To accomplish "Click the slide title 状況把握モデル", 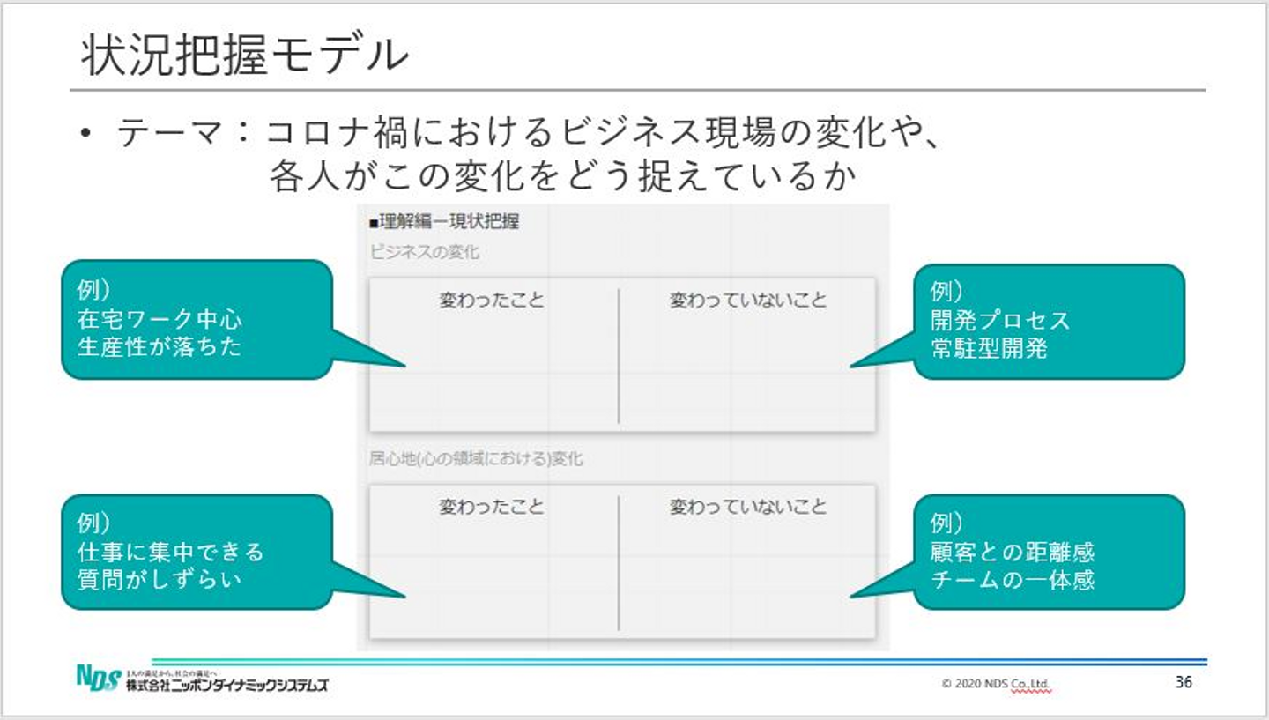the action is pyautogui.click(x=245, y=56).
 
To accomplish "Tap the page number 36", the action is pyautogui.click(x=1184, y=681).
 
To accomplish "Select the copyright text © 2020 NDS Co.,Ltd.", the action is pyautogui.click(x=996, y=683).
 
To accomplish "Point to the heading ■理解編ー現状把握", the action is pyautogui.click(x=444, y=221).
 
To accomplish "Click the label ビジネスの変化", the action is pyautogui.click(x=424, y=252).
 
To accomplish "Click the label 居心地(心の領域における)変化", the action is pyautogui.click(x=476, y=459).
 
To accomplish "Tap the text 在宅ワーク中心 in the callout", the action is pyautogui.click(x=160, y=319).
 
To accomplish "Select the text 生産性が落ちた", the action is pyautogui.click(x=160, y=346).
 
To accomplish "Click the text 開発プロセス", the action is pyautogui.click(x=1000, y=320).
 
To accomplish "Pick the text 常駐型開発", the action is pyautogui.click(x=989, y=348).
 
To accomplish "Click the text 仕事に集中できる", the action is pyautogui.click(x=171, y=553).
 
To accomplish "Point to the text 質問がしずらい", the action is pyautogui.click(x=160, y=580).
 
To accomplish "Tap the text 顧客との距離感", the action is pyautogui.click(x=1013, y=553).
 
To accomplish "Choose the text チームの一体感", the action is pyautogui.click(x=1013, y=580).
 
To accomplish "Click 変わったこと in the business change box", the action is pyautogui.click(x=492, y=301).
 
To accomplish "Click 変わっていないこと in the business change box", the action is pyautogui.click(x=748, y=301).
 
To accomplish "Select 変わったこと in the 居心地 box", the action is pyautogui.click(x=492, y=507).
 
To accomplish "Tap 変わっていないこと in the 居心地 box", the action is pyautogui.click(x=748, y=507).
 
